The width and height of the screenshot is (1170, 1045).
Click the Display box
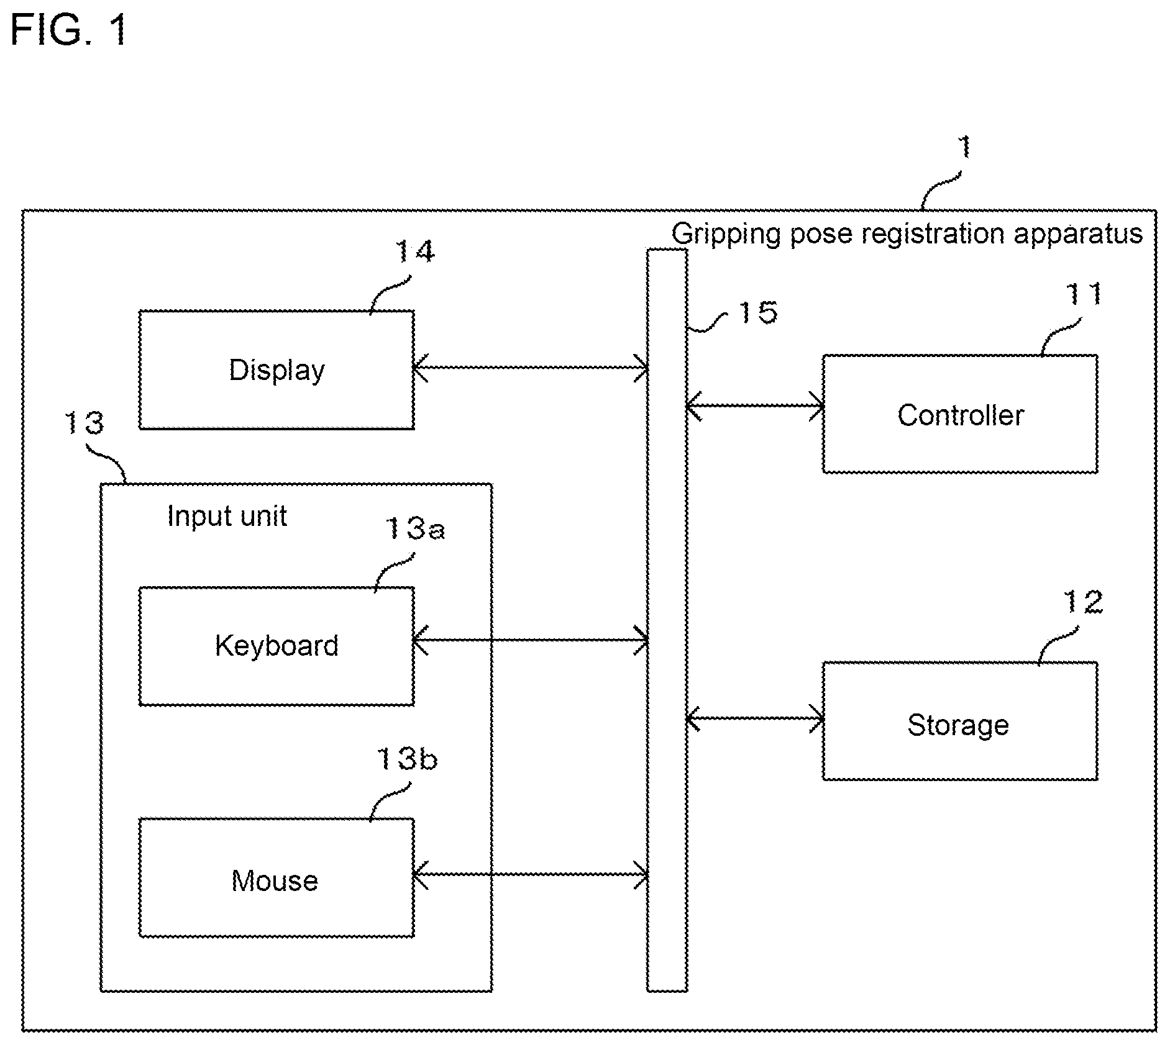coord(277,370)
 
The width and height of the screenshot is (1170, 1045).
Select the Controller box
coord(960,414)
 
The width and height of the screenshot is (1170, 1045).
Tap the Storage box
coord(960,721)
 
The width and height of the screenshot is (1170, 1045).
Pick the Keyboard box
coord(277,646)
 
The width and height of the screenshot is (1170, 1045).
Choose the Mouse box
coord(277,877)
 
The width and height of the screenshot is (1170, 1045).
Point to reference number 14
coord(415,251)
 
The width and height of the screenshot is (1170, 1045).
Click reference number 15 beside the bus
coord(757,312)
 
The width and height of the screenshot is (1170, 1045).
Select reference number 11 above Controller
coord(1084,294)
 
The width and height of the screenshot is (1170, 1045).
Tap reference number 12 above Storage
coord(1083,602)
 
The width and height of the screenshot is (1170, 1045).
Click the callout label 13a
coord(415,528)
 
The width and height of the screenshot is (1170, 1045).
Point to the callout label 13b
coord(407,759)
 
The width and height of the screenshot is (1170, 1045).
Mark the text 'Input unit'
coord(227,516)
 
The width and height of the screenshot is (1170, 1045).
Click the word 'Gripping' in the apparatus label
coord(725,235)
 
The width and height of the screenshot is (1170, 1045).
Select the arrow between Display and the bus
coord(531,368)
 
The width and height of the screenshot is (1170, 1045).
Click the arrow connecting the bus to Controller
coord(755,406)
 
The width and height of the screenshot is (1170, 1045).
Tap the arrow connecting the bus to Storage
coord(755,719)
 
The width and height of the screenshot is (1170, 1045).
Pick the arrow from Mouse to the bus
coord(531,874)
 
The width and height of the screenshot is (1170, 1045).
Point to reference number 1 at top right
coord(964,148)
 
